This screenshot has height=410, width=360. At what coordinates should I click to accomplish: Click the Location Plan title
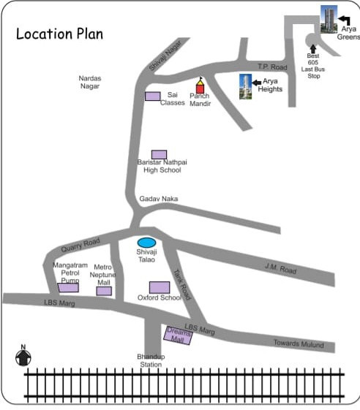coord(59,34)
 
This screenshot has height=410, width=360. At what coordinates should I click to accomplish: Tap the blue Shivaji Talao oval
coord(147,242)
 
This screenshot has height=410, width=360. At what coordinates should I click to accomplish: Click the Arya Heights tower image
coord(245,87)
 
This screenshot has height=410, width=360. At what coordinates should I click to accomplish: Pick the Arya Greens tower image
coord(329,19)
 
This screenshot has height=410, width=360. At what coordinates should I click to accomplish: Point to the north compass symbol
coord(23,357)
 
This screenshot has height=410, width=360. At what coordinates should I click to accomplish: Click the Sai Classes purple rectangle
coord(152,96)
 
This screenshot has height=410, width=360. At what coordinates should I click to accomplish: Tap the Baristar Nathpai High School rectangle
coord(159,154)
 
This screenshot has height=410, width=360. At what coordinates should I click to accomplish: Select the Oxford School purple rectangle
coord(160,287)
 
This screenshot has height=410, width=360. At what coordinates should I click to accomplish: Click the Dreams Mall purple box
coord(178,335)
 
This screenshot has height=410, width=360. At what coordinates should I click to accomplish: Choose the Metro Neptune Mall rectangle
coord(104,291)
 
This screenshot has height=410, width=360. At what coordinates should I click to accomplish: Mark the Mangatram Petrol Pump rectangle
coord(68,287)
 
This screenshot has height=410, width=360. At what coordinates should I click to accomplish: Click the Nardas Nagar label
coord(91,82)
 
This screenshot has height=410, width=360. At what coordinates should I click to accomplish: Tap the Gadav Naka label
coord(159,199)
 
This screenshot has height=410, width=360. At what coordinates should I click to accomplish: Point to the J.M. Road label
coord(280,268)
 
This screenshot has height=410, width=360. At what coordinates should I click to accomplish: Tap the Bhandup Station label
coord(151,360)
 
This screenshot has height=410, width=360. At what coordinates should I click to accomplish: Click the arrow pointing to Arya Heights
coord(257,83)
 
